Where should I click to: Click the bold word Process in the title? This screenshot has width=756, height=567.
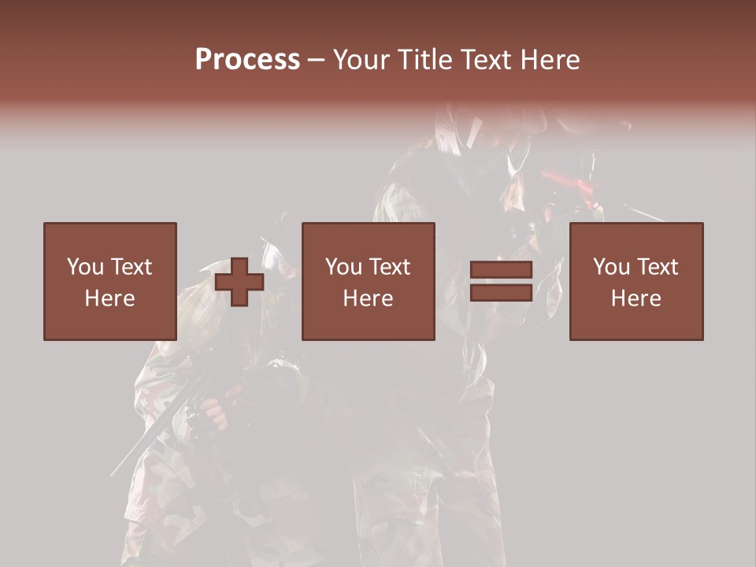pos(247,60)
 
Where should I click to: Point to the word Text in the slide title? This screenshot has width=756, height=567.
pos(484,60)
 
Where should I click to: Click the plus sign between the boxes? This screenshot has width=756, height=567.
pos(239,282)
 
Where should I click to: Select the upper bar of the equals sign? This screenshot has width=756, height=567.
pos(502,270)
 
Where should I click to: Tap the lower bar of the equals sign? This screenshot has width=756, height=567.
pos(502,293)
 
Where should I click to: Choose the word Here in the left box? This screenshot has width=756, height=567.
pos(109,298)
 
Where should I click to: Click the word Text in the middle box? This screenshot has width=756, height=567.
pos(389,267)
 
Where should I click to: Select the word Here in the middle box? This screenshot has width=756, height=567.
pos(369,298)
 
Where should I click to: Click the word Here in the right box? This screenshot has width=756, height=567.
pos(636,298)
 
